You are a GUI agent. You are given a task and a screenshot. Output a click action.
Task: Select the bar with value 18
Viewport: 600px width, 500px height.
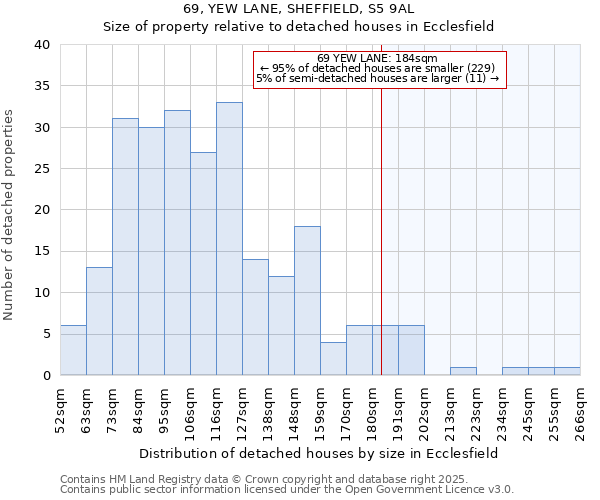pyautogui.click(x=307, y=300)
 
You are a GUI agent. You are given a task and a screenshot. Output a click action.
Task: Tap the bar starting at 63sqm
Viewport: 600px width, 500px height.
pyautogui.click(x=99, y=321)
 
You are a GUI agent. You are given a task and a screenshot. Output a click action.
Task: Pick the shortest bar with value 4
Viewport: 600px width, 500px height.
pyautogui.click(x=333, y=358)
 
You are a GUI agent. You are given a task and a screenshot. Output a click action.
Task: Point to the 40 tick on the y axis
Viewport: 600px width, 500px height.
pyautogui.click(x=43, y=45)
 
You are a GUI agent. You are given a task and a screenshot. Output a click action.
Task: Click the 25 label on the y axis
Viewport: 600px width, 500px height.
pyautogui.click(x=43, y=169)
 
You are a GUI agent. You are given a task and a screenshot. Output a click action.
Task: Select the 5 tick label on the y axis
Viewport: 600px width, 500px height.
pyautogui.click(x=47, y=334)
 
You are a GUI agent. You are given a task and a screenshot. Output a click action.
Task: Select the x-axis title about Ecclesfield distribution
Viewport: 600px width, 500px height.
pyautogui.click(x=318, y=453)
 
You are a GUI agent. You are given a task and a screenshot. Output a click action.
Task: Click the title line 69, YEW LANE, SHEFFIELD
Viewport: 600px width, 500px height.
pyautogui.click(x=299, y=9)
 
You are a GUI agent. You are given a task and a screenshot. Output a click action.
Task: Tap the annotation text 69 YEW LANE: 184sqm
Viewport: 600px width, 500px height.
pyautogui.click(x=379, y=58)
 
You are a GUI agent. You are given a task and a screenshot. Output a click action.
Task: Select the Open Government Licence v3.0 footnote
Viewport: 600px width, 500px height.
pyautogui.click(x=286, y=490)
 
